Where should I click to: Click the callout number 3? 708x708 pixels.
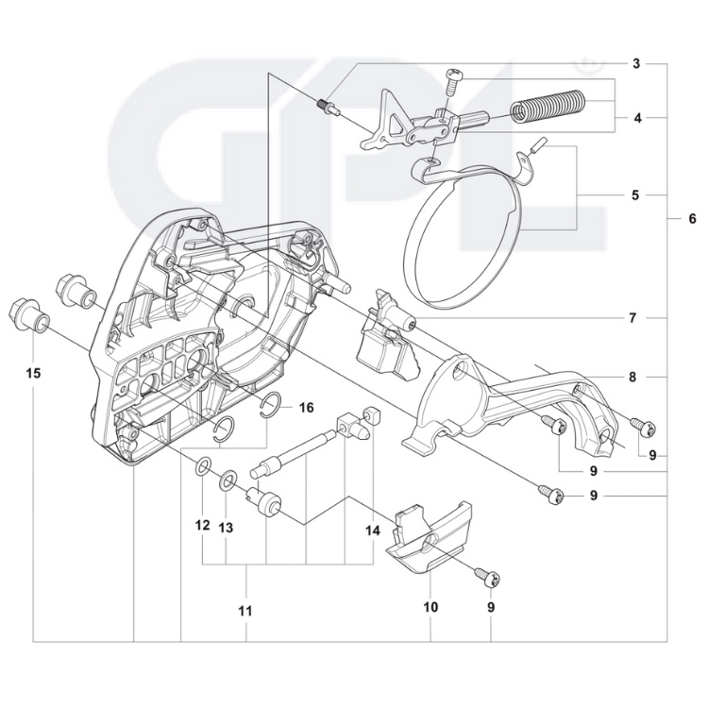(x=636, y=64)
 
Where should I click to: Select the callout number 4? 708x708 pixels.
(x=636, y=119)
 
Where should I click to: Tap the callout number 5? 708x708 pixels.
(x=635, y=195)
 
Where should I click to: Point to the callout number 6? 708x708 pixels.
(x=692, y=219)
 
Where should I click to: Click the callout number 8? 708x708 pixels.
(x=632, y=377)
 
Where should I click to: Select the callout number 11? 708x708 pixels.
(x=245, y=611)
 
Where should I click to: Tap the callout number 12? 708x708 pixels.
(x=201, y=526)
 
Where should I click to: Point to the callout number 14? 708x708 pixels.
(x=373, y=531)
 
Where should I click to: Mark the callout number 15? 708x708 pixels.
(x=34, y=374)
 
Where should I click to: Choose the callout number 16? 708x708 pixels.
(x=306, y=407)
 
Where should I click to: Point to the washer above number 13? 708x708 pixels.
(x=228, y=482)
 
